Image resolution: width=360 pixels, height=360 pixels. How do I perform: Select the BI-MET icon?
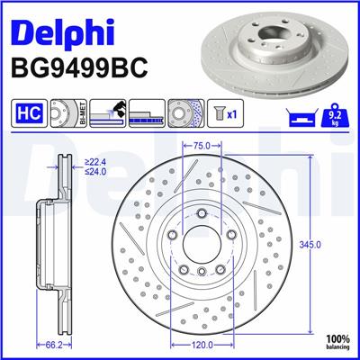[64, 115]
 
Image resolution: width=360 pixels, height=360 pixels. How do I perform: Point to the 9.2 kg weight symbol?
[331, 115]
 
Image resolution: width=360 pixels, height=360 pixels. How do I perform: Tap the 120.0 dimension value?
[202, 344]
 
